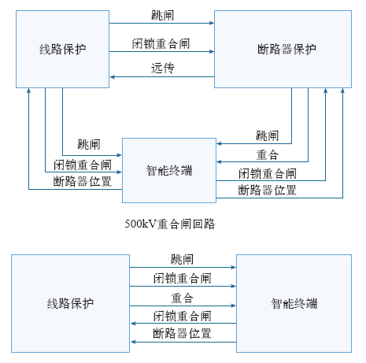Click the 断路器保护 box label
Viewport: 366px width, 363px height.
tap(287, 50)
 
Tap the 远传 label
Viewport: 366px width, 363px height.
tap(163, 68)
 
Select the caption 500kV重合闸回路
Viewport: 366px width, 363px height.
tap(170, 224)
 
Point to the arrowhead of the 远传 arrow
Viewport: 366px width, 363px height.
tap(113, 77)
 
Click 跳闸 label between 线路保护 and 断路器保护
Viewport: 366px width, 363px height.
tap(163, 15)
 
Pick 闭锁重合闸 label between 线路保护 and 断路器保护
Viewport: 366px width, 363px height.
tap(161, 43)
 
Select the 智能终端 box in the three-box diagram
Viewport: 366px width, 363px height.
tap(169, 170)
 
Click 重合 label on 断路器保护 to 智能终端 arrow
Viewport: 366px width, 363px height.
tap(268, 154)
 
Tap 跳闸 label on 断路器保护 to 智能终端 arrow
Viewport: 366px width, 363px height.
tap(268, 135)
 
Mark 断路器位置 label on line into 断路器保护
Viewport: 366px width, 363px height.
tap(268, 190)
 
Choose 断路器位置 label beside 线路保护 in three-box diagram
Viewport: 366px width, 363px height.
tap(83, 181)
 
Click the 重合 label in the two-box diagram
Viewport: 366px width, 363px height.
tap(183, 298)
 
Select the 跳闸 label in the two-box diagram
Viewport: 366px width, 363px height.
tap(183, 259)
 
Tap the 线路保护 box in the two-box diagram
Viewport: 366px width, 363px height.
tap(70, 303)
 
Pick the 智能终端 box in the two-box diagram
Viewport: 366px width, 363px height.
tap(294, 303)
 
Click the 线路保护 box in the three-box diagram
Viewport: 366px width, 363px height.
tap(62, 49)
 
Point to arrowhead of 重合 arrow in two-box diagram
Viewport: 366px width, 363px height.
tap(234, 306)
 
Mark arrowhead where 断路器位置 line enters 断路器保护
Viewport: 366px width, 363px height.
tap(342, 91)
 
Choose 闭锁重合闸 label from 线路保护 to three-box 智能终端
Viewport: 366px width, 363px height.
tap(83, 165)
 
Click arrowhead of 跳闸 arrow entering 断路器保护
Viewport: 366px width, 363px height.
tap(212, 23)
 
